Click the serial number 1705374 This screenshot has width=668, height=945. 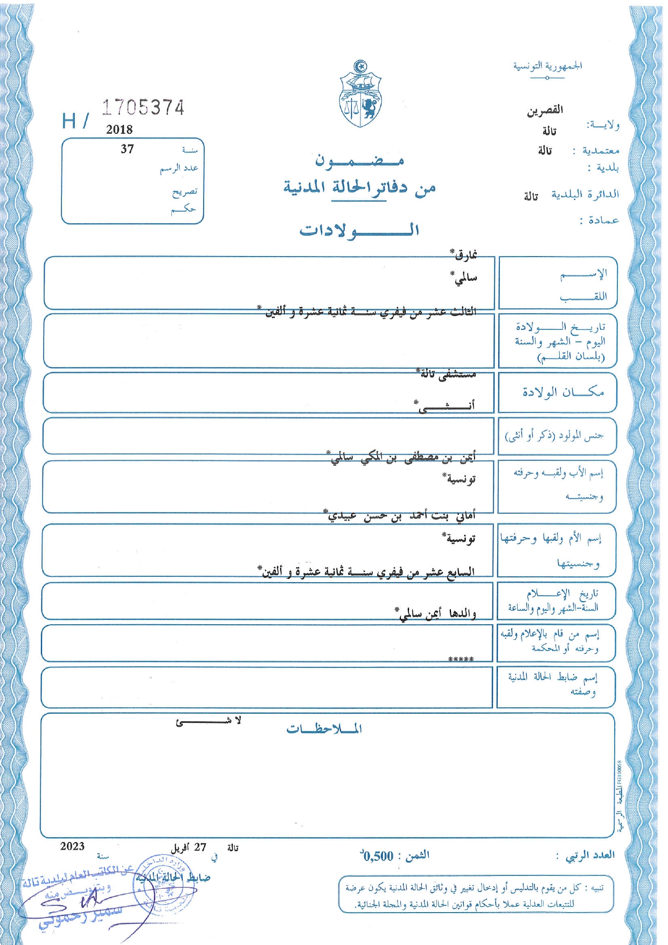tap(143, 108)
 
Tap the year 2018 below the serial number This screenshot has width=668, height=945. tap(119, 129)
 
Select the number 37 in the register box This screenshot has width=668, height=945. tap(127, 149)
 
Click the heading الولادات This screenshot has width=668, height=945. tap(359, 230)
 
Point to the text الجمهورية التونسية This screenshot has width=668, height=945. tap(547, 66)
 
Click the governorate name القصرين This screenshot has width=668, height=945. tap(545, 110)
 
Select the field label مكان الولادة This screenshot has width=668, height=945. tap(563, 392)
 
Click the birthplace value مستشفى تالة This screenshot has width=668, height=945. tap(447, 374)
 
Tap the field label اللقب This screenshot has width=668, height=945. tap(583, 296)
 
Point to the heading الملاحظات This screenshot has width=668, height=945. tap(324, 729)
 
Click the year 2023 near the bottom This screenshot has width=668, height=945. tap(73, 846)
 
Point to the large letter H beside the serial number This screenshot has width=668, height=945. tap(69, 121)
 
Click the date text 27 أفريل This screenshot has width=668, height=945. tap(189, 847)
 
